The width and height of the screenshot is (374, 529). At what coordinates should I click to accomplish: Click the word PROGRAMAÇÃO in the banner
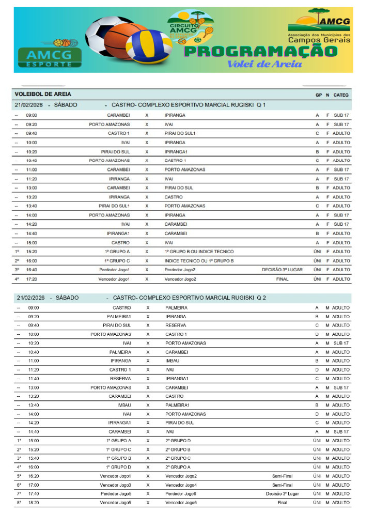tap(260, 52)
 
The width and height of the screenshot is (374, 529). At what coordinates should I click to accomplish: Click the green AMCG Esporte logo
tap(50, 57)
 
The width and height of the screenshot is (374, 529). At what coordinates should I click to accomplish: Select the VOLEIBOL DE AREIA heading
tap(43, 95)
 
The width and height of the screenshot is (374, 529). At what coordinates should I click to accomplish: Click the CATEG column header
tap(341, 95)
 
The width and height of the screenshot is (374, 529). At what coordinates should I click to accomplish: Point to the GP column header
tap(318, 95)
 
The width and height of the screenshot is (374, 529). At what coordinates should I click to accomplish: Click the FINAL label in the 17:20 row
tap(282, 279)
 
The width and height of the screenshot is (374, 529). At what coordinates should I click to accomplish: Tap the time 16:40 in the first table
tap(32, 270)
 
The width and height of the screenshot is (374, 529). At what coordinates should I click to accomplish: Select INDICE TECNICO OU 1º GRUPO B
tap(199, 261)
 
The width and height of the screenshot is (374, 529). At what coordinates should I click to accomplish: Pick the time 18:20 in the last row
tap(34, 503)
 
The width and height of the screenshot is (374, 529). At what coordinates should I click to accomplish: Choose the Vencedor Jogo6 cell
tap(181, 503)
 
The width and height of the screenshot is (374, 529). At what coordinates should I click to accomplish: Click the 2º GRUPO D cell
tap(178, 441)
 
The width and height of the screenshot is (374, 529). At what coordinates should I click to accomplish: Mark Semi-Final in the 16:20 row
tap(282, 476)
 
